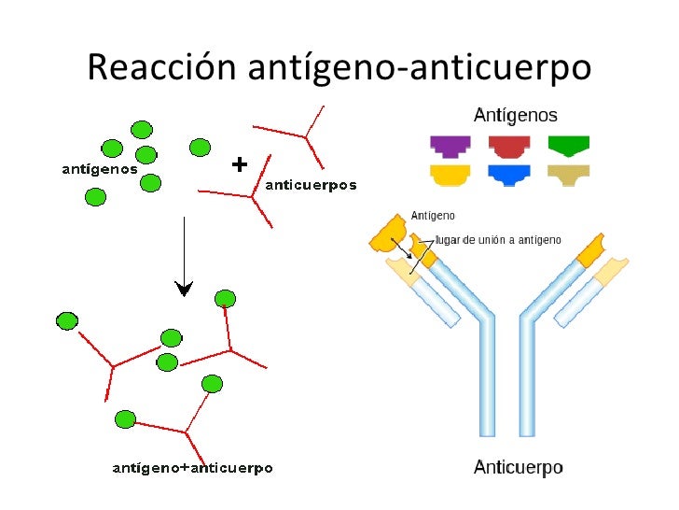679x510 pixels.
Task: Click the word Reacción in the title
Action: [x=162, y=67]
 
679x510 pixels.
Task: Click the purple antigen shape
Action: [x=450, y=146]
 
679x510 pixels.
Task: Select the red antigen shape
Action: [x=509, y=146]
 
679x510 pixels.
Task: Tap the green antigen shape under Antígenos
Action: [x=568, y=146]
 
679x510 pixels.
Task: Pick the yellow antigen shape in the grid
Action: [x=450, y=174]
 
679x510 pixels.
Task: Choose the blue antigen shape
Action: [x=509, y=174]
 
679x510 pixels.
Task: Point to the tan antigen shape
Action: [x=568, y=174]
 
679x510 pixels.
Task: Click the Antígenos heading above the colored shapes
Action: [x=516, y=116]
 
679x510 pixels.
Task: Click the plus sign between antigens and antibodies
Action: [x=239, y=164]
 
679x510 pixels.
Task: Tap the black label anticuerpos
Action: [x=312, y=185]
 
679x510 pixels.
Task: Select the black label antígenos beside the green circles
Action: [x=99, y=170]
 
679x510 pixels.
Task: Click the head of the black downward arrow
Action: [x=185, y=289]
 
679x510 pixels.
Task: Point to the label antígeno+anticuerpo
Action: [x=192, y=467]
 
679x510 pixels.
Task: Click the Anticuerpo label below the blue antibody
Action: [x=518, y=467]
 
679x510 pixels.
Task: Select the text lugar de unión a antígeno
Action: [x=499, y=240]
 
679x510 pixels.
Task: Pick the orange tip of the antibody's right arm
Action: [x=593, y=249]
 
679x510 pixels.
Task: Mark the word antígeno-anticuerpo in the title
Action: [x=420, y=67]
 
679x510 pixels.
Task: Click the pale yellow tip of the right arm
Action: [x=606, y=270]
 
